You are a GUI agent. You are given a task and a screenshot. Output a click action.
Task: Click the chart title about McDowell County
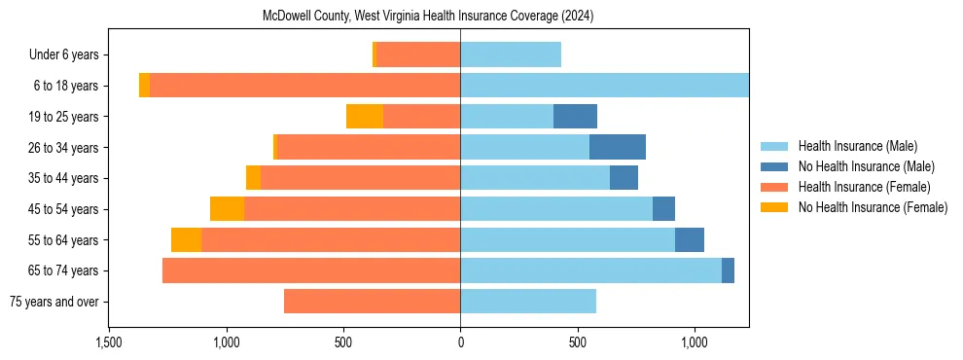pyautogui.click(x=428, y=17)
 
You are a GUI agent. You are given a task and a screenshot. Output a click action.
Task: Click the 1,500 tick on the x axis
pyautogui.click(x=109, y=343)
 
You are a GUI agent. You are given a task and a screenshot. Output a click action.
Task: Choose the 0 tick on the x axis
pyautogui.click(x=460, y=343)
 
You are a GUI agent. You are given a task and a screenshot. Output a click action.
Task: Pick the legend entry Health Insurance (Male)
pyautogui.click(x=857, y=146)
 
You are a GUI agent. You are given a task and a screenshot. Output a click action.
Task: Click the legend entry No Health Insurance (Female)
pyautogui.click(x=873, y=207)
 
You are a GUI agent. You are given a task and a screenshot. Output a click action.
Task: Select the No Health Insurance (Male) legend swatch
pyautogui.click(x=774, y=166)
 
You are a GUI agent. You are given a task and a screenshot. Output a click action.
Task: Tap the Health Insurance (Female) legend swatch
pyautogui.click(x=774, y=187)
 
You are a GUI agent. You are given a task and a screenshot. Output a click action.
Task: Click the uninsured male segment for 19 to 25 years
pyautogui.click(x=575, y=117)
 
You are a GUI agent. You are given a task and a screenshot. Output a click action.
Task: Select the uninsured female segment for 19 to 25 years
pyautogui.click(x=365, y=117)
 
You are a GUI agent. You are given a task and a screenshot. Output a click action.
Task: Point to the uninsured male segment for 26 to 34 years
pyautogui.click(x=618, y=147)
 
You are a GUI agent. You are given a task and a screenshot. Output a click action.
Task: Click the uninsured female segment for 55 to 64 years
pyautogui.click(x=186, y=240)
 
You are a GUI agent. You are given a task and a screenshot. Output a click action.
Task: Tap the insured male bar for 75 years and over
pyautogui.click(x=528, y=302)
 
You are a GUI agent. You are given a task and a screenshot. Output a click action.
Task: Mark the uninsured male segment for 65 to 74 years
pyautogui.click(x=728, y=270)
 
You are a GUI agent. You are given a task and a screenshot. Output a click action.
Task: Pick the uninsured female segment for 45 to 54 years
pyautogui.click(x=227, y=209)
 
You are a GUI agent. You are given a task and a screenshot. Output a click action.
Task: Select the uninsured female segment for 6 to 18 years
pyautogui.click(x=144, y=86)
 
